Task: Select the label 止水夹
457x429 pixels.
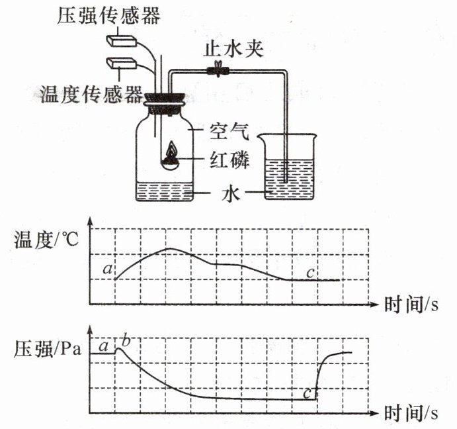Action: click(235, 50)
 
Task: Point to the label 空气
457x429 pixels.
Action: click(228, 133)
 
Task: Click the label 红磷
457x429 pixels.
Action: click(229, 160)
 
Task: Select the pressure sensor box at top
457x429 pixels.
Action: click(122, 40)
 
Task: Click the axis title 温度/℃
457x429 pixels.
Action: click(46, 240)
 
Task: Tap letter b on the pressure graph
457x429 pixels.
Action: click(127, 342)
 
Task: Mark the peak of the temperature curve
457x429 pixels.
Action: click(168, 248)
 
